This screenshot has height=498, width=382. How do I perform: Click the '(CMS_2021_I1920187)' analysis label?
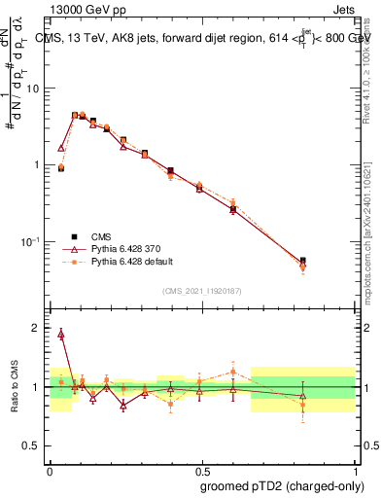pyautogui.click(x=201, y=291)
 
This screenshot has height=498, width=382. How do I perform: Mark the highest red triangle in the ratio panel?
pyautogui.click(x=61, y=334)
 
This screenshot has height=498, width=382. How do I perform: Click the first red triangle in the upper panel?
pyautogui.click(x=61, y=149)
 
